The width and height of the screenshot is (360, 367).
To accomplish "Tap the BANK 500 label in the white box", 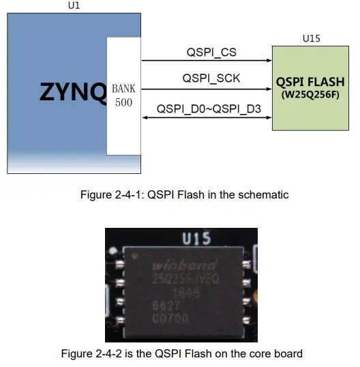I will coord(123,96).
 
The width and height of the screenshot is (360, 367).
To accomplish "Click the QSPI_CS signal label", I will coord(211,52).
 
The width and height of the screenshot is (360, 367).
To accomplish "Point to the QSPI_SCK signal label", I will coord(211,79).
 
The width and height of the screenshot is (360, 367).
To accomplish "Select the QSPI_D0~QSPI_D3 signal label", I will coord(209,108).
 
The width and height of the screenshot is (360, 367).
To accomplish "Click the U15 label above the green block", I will coord(311,39).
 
